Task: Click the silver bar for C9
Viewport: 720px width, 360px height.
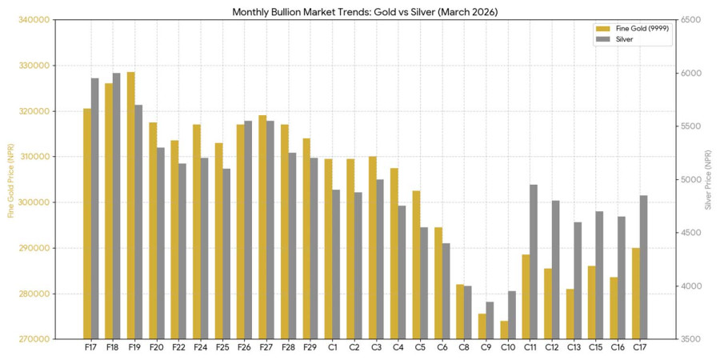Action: pyautogui.click(x=490, y=320)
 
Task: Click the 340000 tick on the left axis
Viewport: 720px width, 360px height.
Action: pyautogui.click(x=34, y=20)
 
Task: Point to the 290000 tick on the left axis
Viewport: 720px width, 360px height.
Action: pyautogui.click(x=34, y=248)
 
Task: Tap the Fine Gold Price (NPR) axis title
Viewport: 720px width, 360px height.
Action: pyautogui.click(x=10, y=179)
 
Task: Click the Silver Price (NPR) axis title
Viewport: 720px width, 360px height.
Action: pyautogui.click(x=709, y=179)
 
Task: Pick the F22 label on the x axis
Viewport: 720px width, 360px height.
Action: pyautogui.click(x=178, y=348)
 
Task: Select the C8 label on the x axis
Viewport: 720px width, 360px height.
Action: pyautogui.click(x=464, y=348)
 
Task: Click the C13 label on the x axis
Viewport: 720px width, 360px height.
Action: pyautogui.click(x=574, y=348)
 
